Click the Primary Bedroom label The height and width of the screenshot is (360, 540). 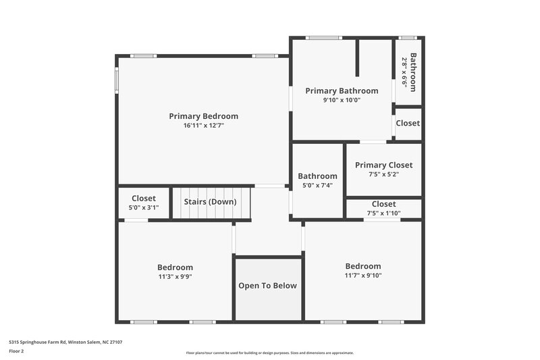click(203, 116)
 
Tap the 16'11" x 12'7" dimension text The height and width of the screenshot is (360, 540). click(203, 126)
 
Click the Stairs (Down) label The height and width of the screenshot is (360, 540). click(211, 202)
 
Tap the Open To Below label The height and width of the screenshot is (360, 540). click(267, 286)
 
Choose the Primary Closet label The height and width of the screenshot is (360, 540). click(383, 165)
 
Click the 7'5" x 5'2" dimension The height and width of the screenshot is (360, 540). click(383, 174)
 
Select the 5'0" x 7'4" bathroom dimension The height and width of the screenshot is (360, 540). click(317, 186)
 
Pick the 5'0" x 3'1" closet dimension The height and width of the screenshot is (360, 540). click(143, 208)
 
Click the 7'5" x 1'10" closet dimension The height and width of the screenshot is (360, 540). click(383, 213)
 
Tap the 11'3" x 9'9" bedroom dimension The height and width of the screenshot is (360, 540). click(175, 277)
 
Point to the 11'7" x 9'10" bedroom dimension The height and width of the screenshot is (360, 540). click(362, 276)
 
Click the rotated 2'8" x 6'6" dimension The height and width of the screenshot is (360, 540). click(405, 73)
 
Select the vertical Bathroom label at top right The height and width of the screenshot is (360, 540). click(414, 72)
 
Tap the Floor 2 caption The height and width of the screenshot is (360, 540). click(17, 351)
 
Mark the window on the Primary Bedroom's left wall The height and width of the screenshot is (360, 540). click(116, 80)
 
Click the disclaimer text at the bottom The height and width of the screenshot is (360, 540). click(269, 353)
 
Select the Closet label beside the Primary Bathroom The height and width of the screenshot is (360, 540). click(408, 124)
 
